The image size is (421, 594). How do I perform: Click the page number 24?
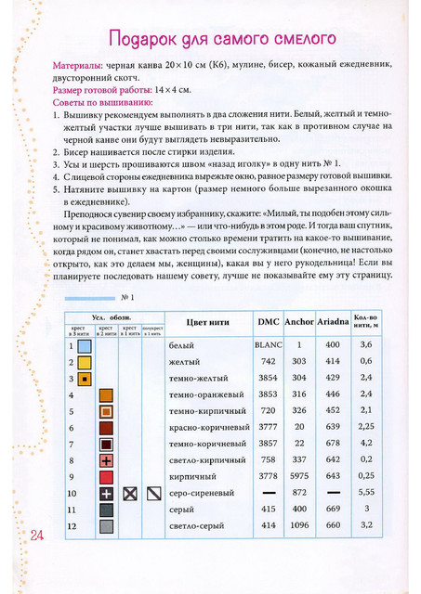[x=38, y=536]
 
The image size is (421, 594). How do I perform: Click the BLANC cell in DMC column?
[x=268, y=344]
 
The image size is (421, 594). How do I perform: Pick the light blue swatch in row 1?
[x=84, y=345]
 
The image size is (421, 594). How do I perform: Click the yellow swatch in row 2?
[x=84, y=362]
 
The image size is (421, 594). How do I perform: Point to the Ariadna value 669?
[x=332, y=509]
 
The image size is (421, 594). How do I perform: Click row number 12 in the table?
[x=71, y=525]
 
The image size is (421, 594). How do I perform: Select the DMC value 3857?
[x=268, y=444]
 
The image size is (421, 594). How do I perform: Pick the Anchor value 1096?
[x=299, y=525]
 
